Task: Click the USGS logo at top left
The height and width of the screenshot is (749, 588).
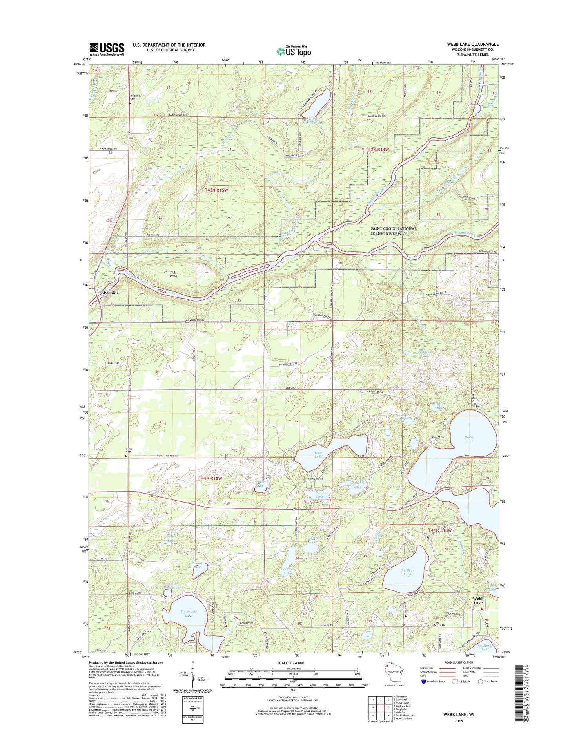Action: [x=107, y=49]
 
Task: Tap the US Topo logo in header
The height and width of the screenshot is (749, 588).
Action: [x=294, y=51]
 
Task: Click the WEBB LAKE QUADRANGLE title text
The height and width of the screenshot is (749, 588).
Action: [x=473, y=44]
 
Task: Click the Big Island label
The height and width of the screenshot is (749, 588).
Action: [x=172, y=273]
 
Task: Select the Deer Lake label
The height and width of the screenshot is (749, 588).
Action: [x=318, y=454]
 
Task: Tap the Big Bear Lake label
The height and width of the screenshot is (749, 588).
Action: [x=407, y=572]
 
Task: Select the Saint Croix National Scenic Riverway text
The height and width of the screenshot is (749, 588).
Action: [x=394, y=231]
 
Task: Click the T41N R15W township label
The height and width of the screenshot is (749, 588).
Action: [x=210, y=478]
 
